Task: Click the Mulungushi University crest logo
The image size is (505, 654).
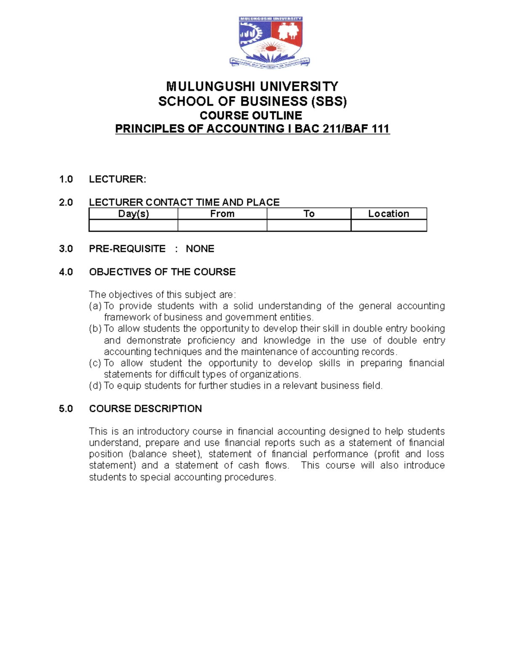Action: tap(270, 41)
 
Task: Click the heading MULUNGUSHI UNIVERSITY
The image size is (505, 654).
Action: tap(252, 87)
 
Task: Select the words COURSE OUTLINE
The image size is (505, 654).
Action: tap(251, 115)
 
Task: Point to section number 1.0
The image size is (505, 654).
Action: tap(66, 179)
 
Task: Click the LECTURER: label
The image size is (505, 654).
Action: tap(117, 179)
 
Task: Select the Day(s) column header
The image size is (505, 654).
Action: tap(133, 214)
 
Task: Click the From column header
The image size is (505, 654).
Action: tap(222, 214)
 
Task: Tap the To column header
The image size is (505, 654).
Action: tap(309, 214)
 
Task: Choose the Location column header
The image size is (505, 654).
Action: tap(388, 214)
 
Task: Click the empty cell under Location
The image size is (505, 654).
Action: tap(388, 226)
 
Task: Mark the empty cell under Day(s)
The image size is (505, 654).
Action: tap(133, 226)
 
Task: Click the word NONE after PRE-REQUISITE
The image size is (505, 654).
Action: tap(200, 249)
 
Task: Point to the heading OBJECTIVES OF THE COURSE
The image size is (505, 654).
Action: tap(162, 272)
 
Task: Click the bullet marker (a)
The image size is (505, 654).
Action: tap(95, 306)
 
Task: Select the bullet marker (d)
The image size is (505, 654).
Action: tap(95, 386)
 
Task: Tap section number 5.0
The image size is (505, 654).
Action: tap(66, 409)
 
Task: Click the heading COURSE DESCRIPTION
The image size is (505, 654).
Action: tap(145, 409)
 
